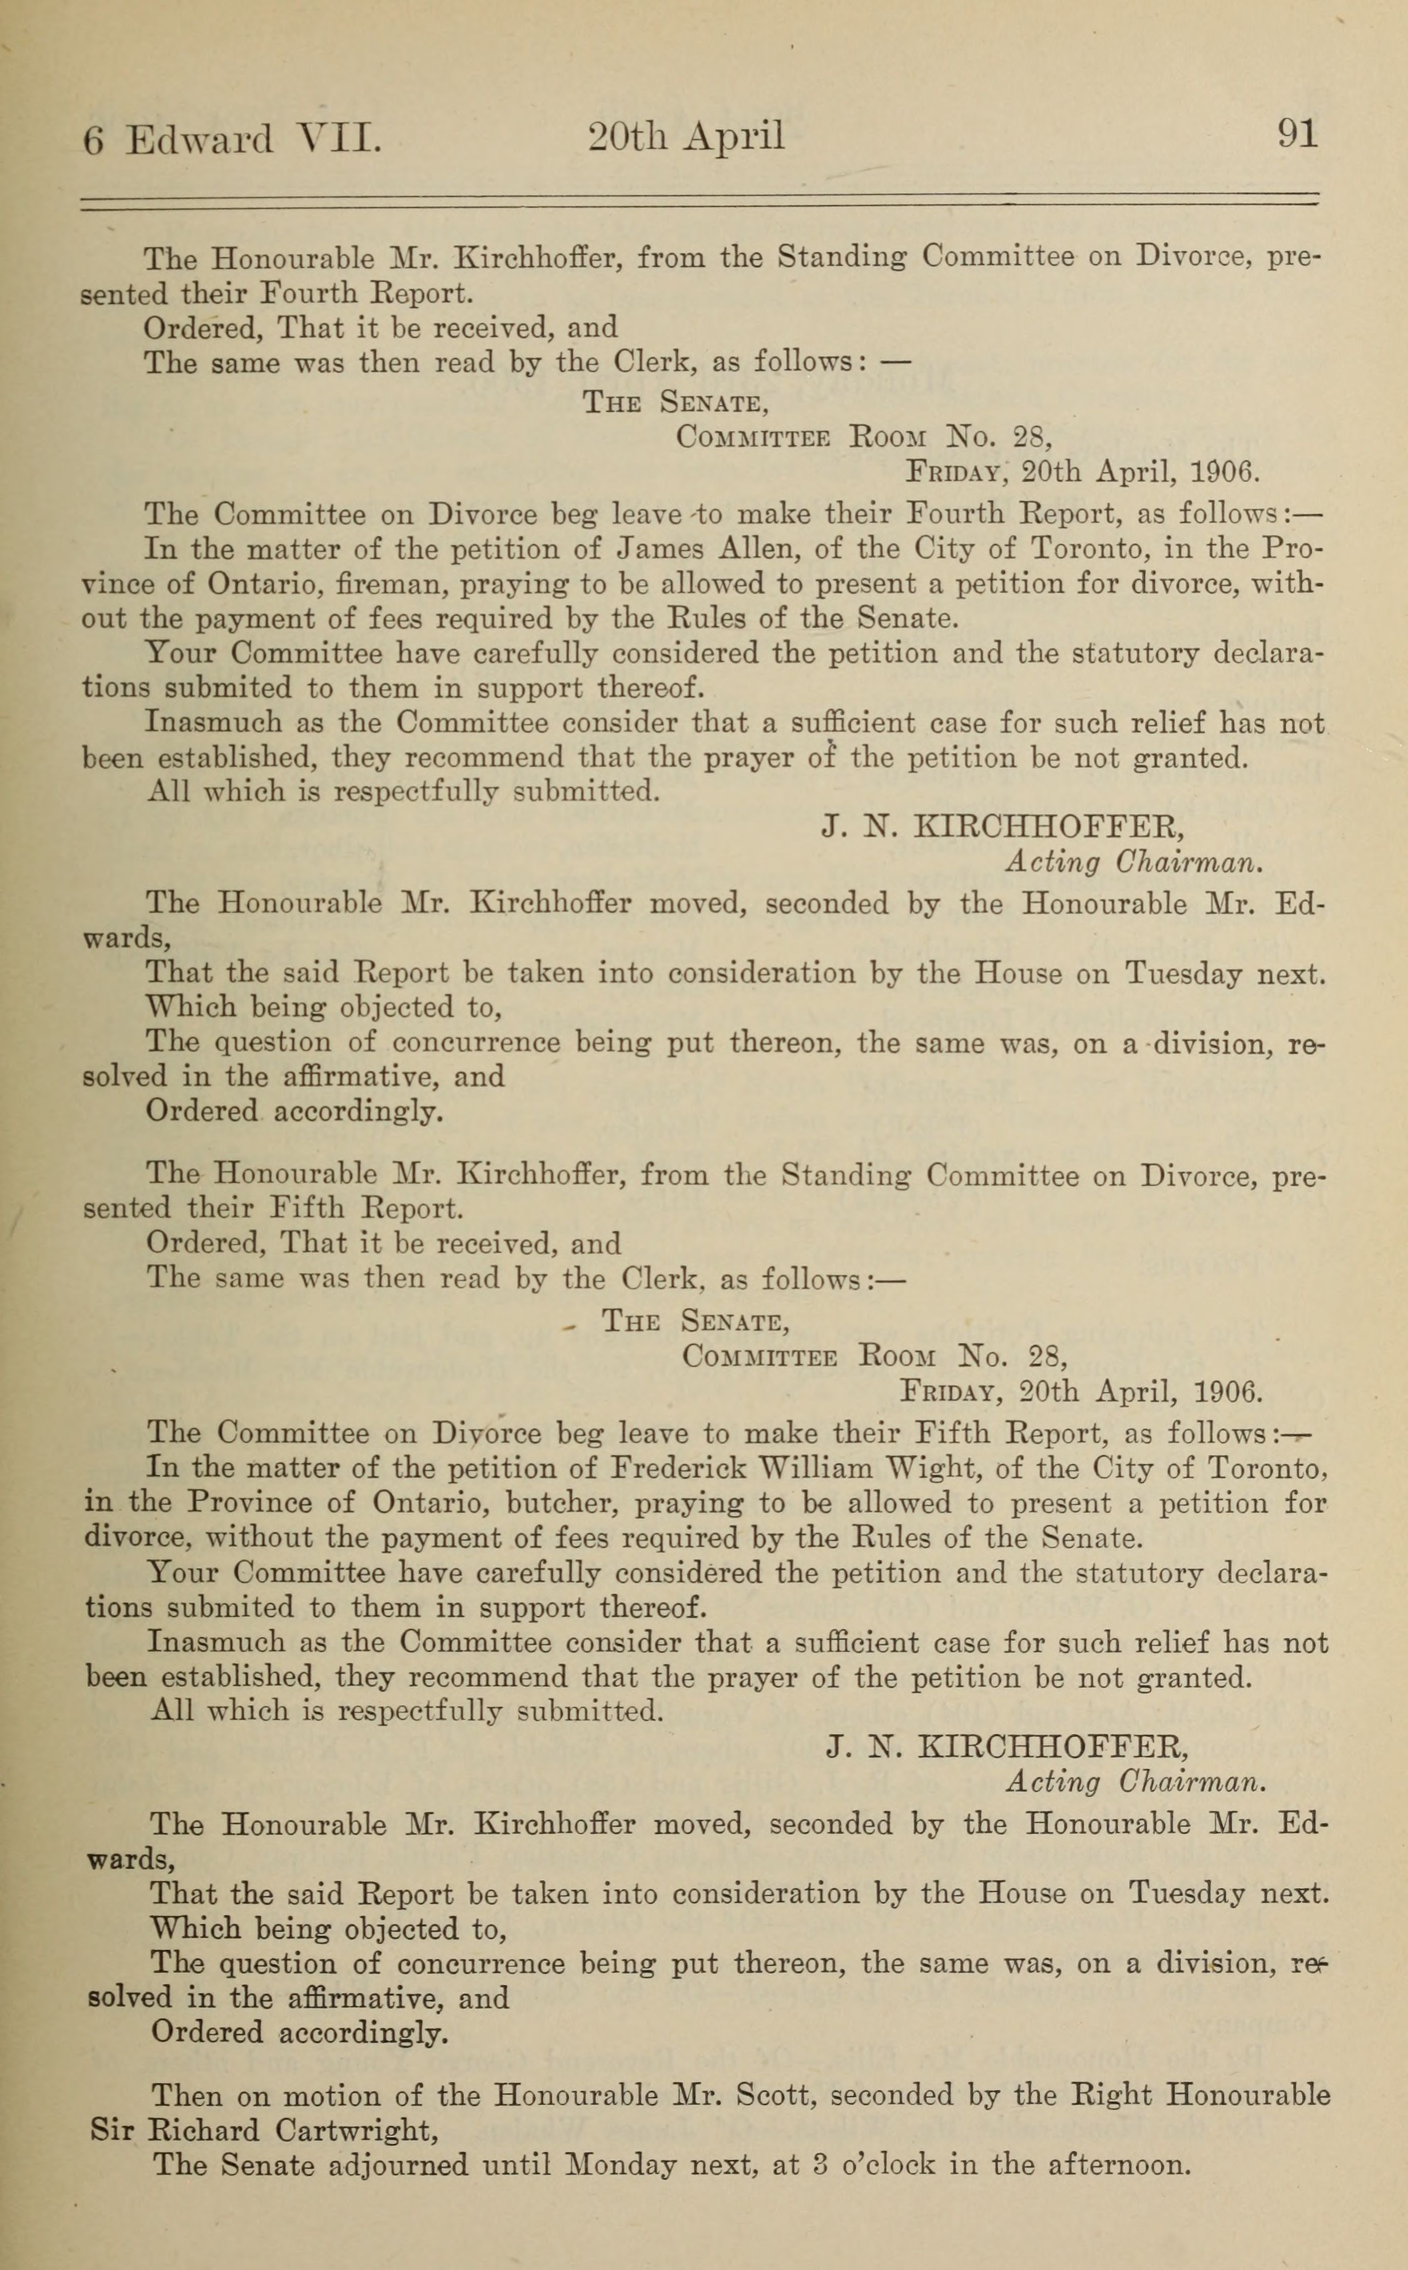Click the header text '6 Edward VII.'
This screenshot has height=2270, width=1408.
[232, 140]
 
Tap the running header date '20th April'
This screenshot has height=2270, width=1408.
[686, 138]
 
